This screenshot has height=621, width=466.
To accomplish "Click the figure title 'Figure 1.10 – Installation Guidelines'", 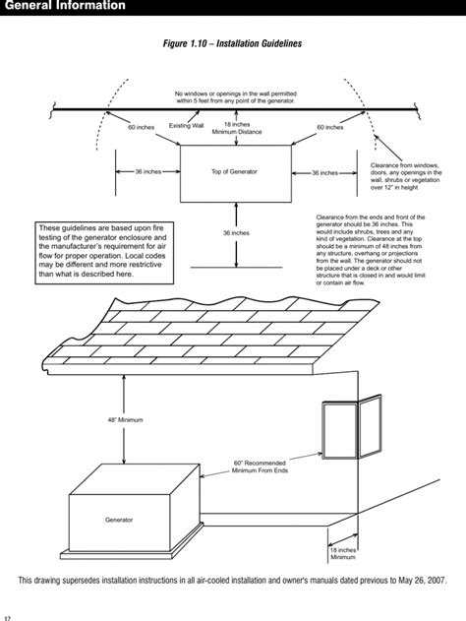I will (233, 44).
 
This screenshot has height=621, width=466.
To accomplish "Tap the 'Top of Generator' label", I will (234, 172).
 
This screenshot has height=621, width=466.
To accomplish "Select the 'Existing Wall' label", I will (186, 126).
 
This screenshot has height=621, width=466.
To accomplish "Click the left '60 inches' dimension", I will (144, 127).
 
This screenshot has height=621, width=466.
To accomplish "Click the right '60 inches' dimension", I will (330, 127).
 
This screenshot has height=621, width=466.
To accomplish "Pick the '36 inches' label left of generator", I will (147, 172).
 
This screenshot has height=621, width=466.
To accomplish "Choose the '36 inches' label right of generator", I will (324, 172).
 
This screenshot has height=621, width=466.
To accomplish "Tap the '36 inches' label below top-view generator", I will (236, 233).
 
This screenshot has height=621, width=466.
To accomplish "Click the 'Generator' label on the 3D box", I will (119, 519).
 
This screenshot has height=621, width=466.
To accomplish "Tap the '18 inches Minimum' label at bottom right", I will (342, 553).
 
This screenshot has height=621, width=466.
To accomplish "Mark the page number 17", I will (8, 616).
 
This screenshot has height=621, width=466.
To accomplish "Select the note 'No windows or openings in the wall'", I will (235, 97).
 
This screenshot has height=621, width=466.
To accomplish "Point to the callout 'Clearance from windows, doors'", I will (405, 173).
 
